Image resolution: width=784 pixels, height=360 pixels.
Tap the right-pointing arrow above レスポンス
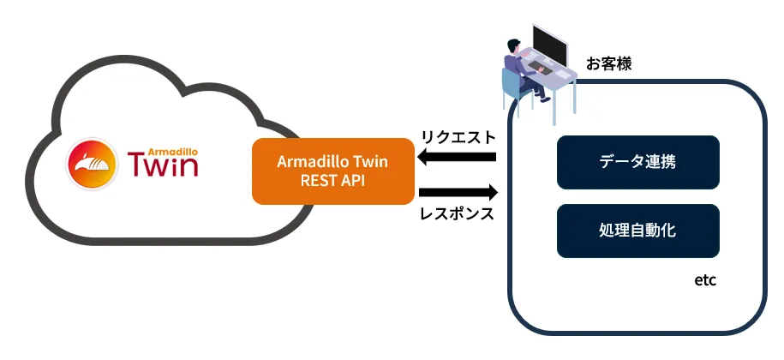(x=458, y=191)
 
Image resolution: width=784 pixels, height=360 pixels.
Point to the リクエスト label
(x=458, y=136)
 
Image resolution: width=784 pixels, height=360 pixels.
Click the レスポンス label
(x=458, y=213)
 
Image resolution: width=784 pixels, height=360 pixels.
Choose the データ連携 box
(x=637, y=161)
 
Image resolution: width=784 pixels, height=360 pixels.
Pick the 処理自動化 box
(x=637, y=231)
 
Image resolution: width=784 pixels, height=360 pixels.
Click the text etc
(x=704, y=280)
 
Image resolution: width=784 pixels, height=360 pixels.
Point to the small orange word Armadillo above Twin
(x=175, y=146)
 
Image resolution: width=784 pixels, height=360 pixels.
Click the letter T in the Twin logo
(x=136, y=164)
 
